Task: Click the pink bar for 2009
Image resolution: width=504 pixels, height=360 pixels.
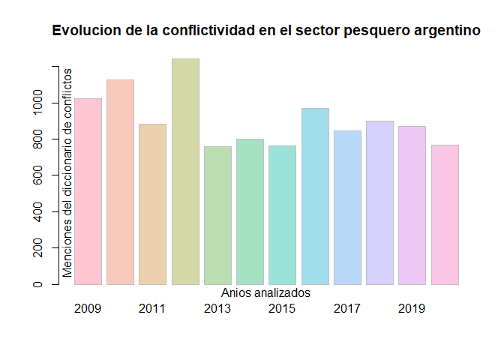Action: click(88, 191)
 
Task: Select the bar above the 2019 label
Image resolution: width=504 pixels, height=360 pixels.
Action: click(412, 205)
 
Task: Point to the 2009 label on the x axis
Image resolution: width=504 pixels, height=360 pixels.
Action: click(88, 308)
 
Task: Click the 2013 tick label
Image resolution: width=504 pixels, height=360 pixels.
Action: click(217, 308)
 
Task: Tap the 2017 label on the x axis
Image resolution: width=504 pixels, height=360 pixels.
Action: click(347, 308)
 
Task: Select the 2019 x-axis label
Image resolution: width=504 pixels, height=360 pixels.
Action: click(412, 308)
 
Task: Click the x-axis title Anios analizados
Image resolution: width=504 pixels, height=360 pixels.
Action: click(266, 293)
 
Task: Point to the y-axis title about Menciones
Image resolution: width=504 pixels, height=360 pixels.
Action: click(67, 172)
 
